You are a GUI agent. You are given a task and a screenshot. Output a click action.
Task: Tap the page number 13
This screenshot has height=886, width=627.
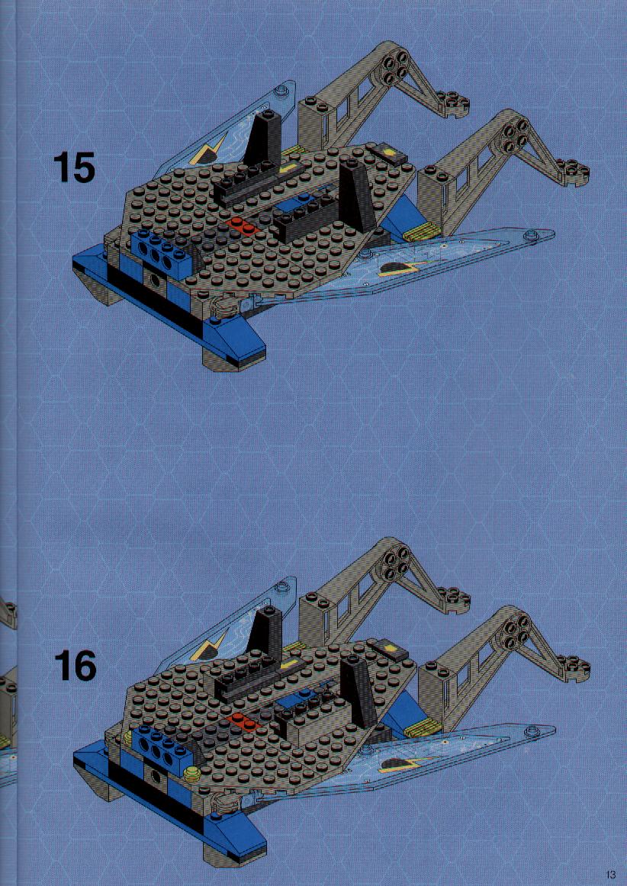[610, 875]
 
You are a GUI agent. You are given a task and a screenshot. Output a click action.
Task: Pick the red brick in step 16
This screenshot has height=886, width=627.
[243, 721]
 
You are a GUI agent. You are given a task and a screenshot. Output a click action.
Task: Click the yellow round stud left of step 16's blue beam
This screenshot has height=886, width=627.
[127, 737]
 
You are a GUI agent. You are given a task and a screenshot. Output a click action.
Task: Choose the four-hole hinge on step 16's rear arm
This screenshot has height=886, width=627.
[394, 561]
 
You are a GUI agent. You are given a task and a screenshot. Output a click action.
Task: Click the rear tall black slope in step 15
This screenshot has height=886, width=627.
[264, 136]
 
